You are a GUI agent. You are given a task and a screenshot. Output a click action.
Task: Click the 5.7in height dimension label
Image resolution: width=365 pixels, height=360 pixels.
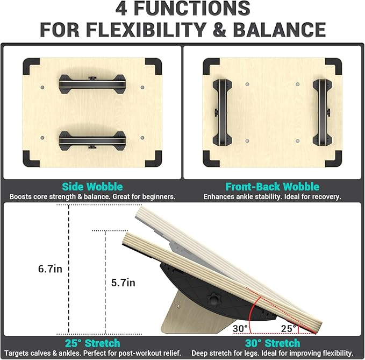[x=124, y=283]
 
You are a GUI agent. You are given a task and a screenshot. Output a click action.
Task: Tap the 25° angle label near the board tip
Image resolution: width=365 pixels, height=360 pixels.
[x=288, y=328]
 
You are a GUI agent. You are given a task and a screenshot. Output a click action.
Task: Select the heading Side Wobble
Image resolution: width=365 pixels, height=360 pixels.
[x=92, y=187]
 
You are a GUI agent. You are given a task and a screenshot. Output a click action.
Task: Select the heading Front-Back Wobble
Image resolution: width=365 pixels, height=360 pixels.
[x=272, y=187]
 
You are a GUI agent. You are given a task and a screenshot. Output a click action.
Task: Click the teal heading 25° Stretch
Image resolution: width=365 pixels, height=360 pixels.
[x=92, y=343]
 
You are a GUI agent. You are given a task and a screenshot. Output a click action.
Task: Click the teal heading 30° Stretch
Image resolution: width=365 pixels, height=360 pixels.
[x=272, y=343]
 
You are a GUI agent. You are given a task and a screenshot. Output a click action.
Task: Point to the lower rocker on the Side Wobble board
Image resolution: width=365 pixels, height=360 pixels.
[x=92, y=141]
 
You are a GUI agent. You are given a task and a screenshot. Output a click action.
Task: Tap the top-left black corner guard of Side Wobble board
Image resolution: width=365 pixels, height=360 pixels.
[x=31, y=67]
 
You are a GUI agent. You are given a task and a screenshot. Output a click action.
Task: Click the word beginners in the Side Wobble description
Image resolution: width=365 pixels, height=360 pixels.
[x=156, y=197]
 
